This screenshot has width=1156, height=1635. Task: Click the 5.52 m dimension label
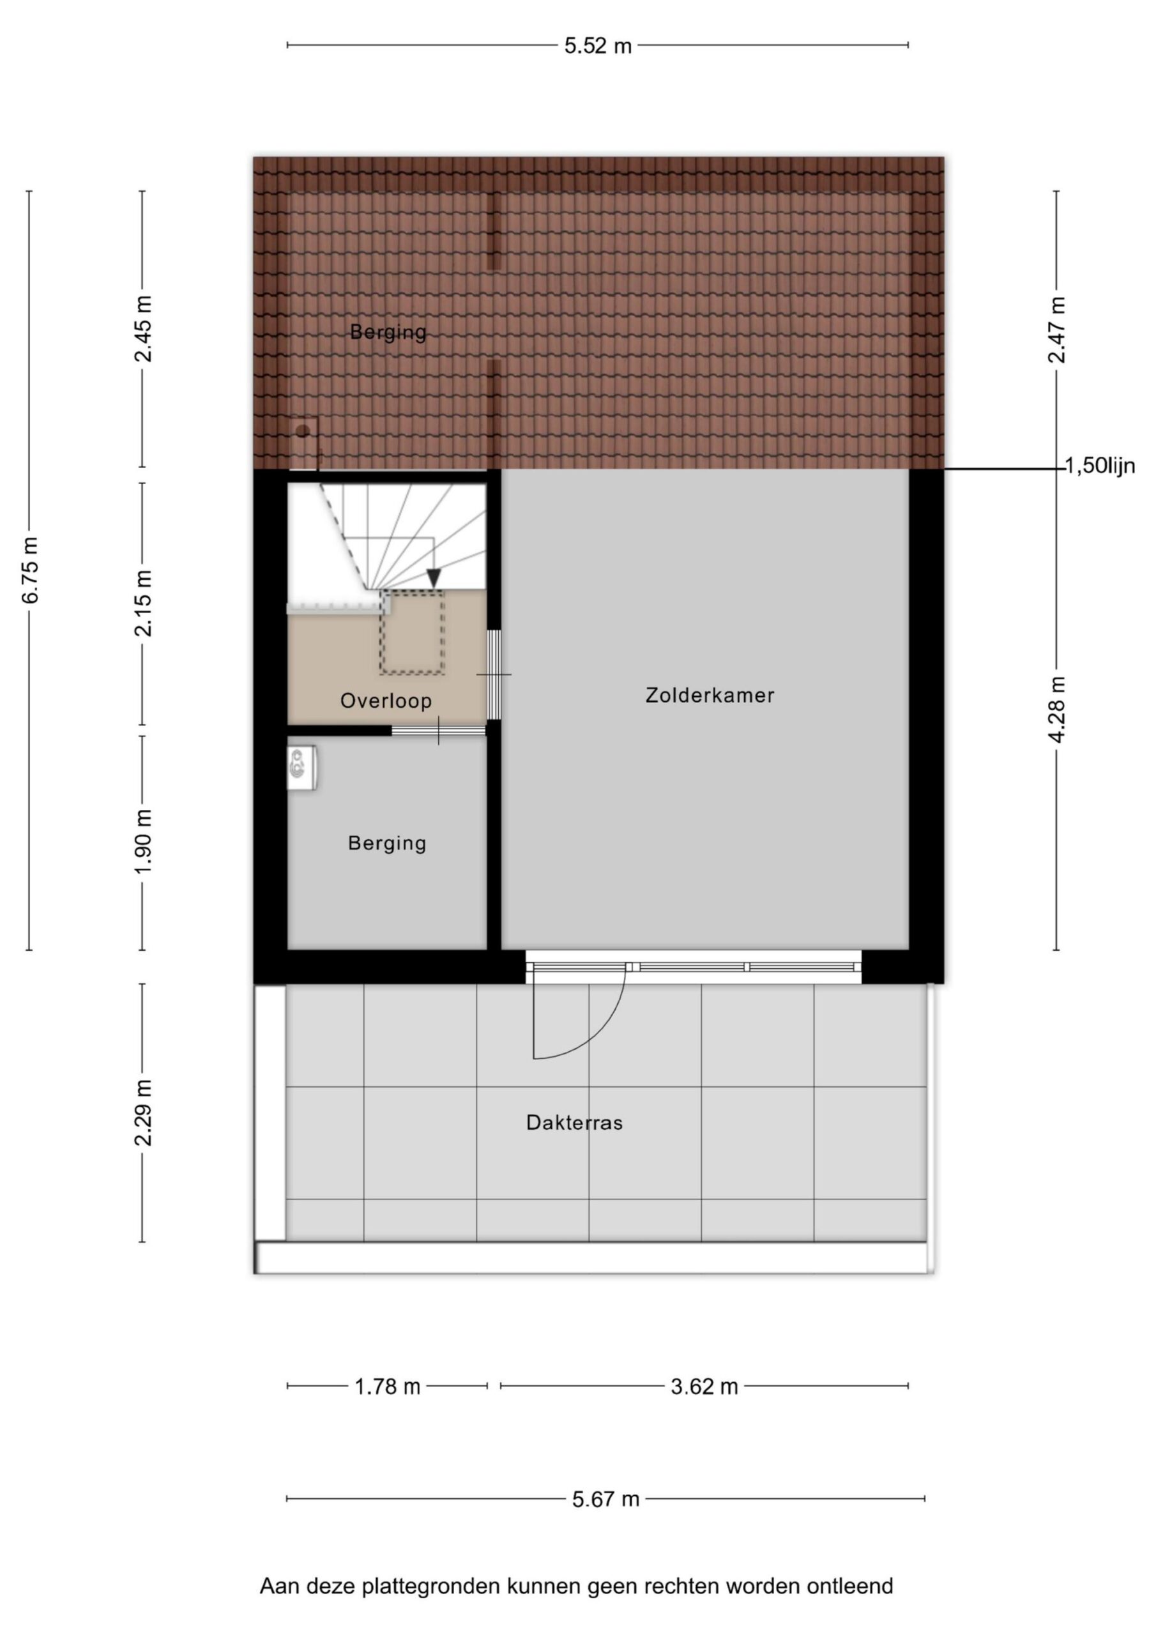click(598, 45)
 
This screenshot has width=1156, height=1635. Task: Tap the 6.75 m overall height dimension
click(30, 570)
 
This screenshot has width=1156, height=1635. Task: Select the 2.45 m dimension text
click(143, 329)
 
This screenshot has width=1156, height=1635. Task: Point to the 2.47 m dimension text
click(1057, 330)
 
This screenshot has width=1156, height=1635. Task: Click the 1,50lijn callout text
click(1100, 466)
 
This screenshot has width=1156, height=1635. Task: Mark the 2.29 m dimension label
click(143, 1113)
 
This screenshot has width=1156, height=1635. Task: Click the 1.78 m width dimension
click(388, 1387)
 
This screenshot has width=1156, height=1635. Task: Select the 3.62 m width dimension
click(704, 1387)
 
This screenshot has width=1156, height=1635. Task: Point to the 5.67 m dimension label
click(605, 1499)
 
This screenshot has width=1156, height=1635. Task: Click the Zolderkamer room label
click(710, 695)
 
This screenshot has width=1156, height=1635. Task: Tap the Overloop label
click(386, 701)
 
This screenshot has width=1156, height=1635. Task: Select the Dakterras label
click(574, 1123)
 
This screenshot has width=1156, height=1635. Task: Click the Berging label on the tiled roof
click(388, 332)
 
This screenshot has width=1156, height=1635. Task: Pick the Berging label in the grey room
click(387, 843)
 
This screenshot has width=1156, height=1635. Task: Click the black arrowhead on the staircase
click(433, 579)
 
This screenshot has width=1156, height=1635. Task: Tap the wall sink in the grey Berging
click(301, 768)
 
